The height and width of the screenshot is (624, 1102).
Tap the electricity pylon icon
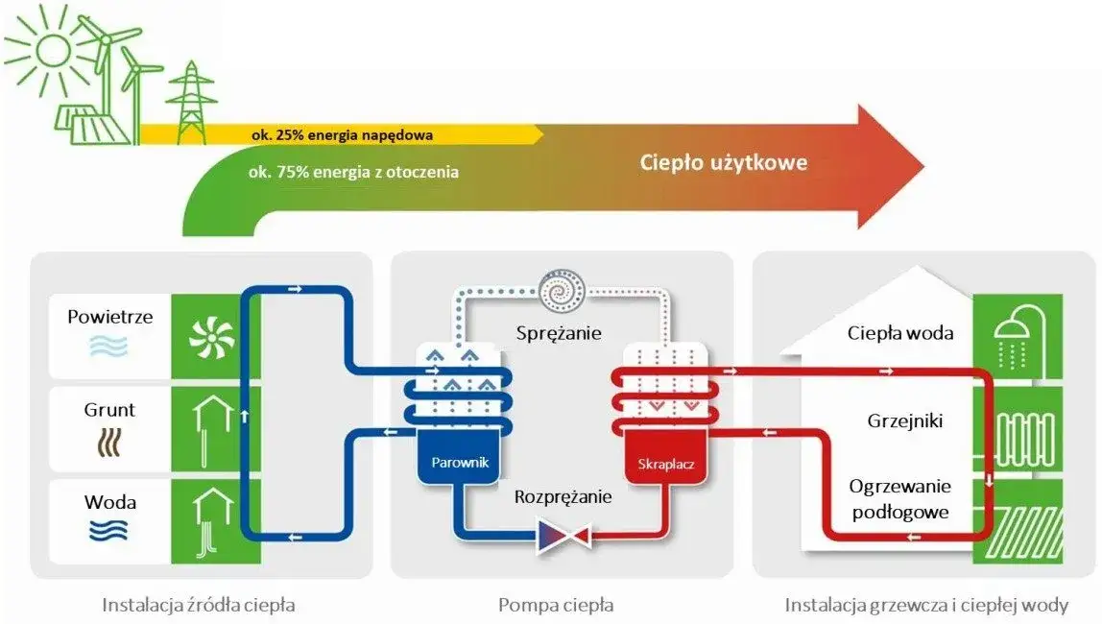coord(191,101)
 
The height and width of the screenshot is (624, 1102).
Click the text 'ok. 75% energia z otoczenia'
coord(352,173)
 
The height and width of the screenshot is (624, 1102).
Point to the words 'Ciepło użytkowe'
coord(724,162)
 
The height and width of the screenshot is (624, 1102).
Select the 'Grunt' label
coord(109,410)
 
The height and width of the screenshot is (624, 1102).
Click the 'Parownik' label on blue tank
coord(453,463)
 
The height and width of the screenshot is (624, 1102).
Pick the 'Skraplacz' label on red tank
coord(665,466)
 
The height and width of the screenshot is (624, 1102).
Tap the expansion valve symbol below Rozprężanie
coord(562,534)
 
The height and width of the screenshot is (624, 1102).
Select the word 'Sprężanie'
coord(558,333)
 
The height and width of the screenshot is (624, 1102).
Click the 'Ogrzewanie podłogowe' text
coord(899,498)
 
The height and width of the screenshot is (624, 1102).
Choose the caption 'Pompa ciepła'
coord(556,605)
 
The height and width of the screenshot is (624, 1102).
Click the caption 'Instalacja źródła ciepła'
coord(199,605)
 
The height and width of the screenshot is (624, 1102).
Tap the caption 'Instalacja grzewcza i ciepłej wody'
coord(926,605)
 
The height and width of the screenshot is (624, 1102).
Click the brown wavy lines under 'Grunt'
coord(109,443)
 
